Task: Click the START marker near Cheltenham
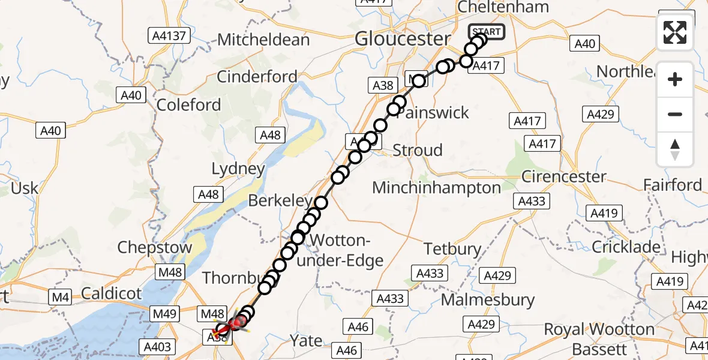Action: [x=486, y=32]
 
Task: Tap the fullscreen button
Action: [x=675, y=32]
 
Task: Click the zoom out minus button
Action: [x=675, y=114]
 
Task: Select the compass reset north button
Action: [x=675, y=149]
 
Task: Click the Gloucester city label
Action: [x=402, y=39]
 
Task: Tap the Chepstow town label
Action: [x=155, y=247]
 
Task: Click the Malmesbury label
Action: [x=487, y=299]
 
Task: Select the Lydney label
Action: [x=238, y=169]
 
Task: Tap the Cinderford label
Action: [x=257, y=77]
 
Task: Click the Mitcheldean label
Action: [x=263, y=40]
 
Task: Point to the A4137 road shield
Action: [x=170, y=35]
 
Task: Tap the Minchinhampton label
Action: [x=436, y=188]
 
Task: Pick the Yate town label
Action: [x=307, y=340]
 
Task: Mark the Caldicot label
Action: [x=111, y=293]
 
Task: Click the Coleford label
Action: [x=188, y=105]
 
